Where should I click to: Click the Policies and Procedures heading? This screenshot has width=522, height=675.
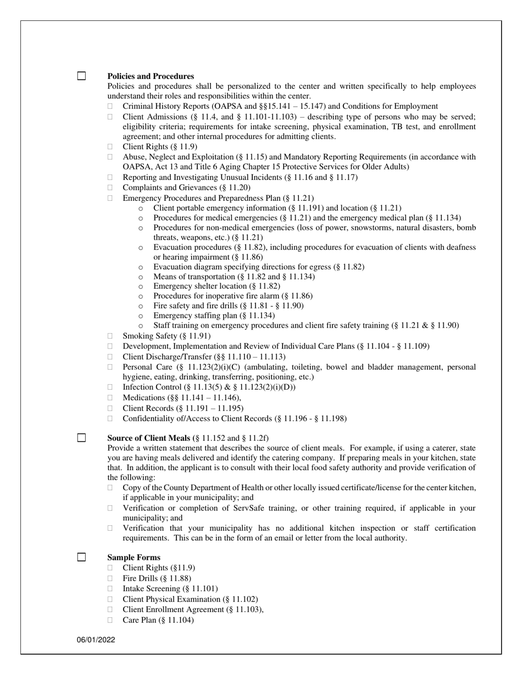pos(150,76)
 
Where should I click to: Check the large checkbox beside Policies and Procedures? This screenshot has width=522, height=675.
pos(81,76)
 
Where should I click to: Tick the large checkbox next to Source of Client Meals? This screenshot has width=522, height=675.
pos(81,437)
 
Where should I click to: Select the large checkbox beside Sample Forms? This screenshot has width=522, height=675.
pos(81,557)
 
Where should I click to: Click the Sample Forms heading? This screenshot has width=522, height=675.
pos(134,558)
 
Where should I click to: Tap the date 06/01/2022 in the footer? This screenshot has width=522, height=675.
pos(96,640)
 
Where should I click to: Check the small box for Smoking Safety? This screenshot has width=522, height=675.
pos(110,336)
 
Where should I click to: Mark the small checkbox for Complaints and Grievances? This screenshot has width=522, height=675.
pos(110,188)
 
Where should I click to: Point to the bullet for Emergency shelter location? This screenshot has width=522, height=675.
pos(141,286)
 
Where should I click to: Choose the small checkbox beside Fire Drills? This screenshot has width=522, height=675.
pos(110,578)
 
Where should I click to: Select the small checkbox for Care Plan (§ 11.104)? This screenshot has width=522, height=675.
pos(110,620)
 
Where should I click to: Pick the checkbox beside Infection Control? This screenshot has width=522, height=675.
pos(110,387)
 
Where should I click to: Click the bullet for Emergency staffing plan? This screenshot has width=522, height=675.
pos(141,316)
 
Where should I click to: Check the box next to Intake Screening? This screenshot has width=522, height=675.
pos(110,589)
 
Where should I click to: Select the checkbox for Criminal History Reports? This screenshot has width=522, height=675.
pos(110,106)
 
